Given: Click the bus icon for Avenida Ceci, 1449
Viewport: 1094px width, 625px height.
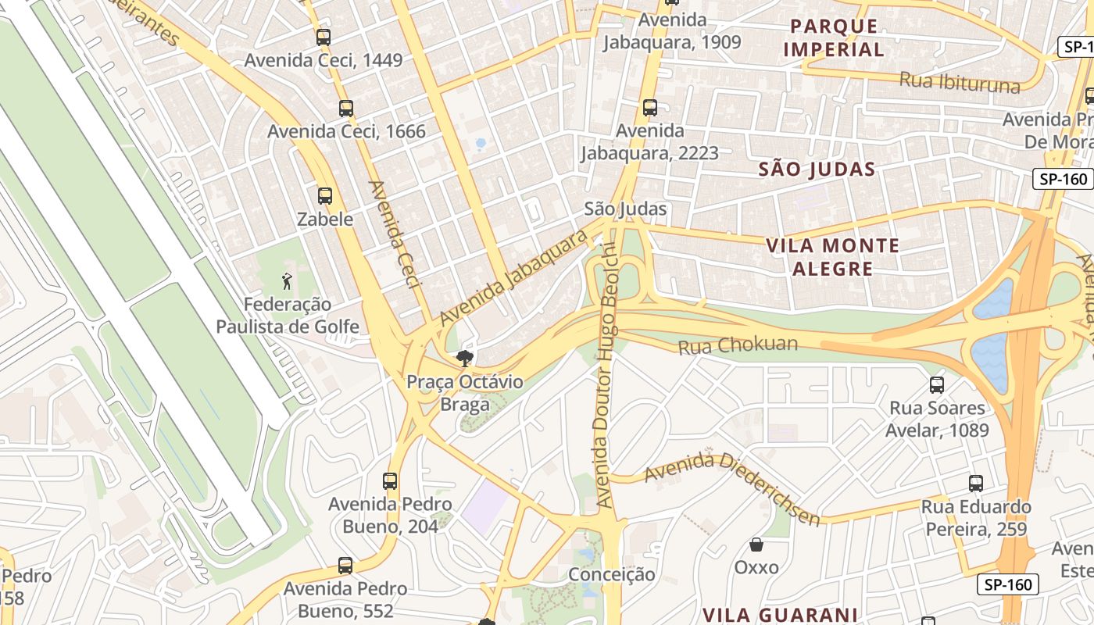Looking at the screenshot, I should pos(324,37).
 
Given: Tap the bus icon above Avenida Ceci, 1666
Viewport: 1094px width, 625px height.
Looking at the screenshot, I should pos(346,109).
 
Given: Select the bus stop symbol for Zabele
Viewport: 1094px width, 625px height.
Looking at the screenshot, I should pos(325,196).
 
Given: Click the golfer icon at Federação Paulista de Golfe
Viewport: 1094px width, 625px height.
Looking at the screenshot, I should pos(287,280).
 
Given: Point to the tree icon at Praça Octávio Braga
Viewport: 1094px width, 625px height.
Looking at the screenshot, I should pos(465,359).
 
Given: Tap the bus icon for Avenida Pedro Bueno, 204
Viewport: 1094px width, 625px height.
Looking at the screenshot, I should pos(390,481).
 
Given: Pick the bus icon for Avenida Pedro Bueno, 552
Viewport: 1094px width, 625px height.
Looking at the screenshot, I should pos(345,565).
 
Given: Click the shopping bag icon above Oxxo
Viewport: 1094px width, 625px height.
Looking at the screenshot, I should pos(756,544).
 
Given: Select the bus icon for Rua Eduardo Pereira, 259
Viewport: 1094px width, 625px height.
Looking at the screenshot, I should pos(975,483).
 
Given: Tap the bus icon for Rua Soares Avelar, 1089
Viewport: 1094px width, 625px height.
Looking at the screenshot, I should pos(937,384).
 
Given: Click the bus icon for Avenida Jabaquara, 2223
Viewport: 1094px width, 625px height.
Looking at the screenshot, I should pos(649,108).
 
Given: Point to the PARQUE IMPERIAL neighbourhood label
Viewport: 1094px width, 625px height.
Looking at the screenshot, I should pos(833,37).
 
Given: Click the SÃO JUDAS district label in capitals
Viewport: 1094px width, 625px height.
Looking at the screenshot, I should pos(817,169).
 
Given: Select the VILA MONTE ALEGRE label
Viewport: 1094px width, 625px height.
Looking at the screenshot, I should pos(832,257).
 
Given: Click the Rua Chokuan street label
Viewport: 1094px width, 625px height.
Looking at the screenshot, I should pos(738,345).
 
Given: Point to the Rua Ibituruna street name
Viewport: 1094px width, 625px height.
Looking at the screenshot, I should pos(960,80).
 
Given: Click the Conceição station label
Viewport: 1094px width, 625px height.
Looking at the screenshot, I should pos(612,574).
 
